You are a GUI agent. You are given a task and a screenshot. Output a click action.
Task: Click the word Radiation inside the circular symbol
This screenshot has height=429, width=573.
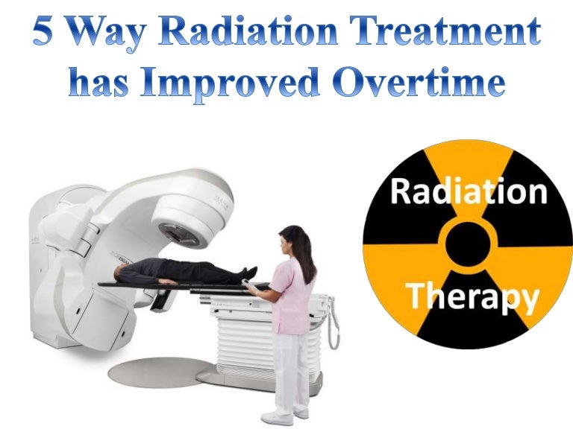point(469,193)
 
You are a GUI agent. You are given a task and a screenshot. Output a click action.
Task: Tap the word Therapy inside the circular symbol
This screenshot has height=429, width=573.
point(472,297)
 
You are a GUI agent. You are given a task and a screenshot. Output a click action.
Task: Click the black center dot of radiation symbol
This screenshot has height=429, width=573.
point(469,244)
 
